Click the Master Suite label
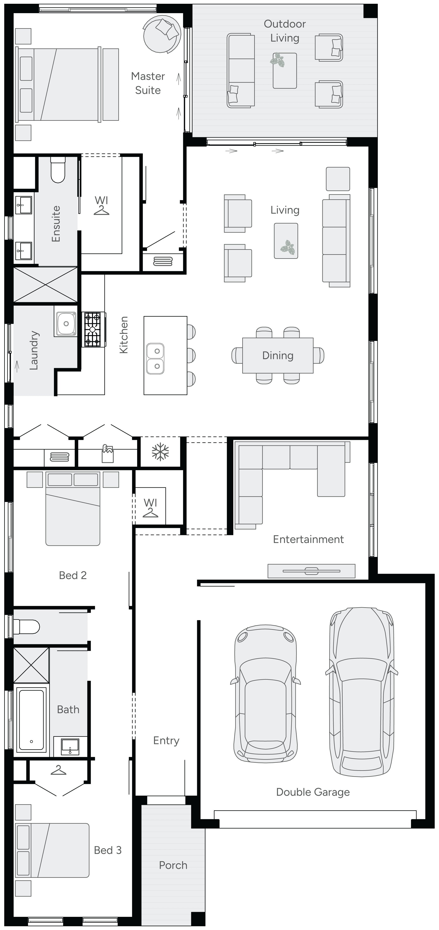pos(148,83)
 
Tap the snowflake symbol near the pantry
pos(160,452)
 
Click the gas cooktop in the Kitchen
pos(92,329)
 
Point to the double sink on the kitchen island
pos(155,358)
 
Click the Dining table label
pos(277,356)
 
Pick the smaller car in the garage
pos(265,694)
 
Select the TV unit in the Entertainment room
pos(311,571)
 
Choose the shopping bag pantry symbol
pos(107,454)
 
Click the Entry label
pos(166,741)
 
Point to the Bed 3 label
pos(108,850)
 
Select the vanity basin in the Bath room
pos(70,746)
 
